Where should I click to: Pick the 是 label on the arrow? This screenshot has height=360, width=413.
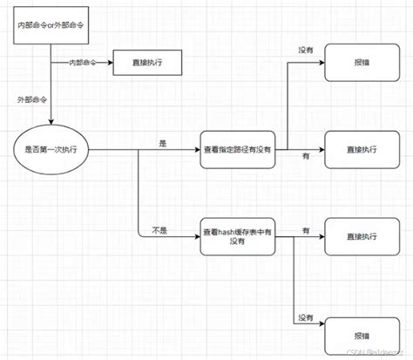(x=162, y=141)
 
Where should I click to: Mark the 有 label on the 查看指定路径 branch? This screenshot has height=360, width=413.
(x=306, y=154)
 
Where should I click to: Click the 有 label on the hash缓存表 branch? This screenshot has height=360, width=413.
(x=306, y=229)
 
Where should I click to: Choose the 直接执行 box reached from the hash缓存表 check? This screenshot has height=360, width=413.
(x=360, y=236)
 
